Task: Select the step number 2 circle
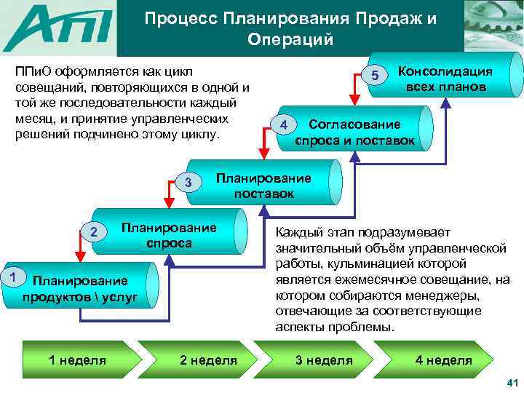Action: coord(92,231)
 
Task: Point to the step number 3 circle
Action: coord(188,182)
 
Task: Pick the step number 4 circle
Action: coord(283,126)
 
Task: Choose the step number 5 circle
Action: coord(375,76)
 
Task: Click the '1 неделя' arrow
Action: coord(76,360)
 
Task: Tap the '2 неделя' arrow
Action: coord(208,360)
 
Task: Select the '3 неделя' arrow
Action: coord(323,360)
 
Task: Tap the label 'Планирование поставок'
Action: coord(263,186)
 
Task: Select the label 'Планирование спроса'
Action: coord(169,234)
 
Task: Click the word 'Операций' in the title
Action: coord(289,39)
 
